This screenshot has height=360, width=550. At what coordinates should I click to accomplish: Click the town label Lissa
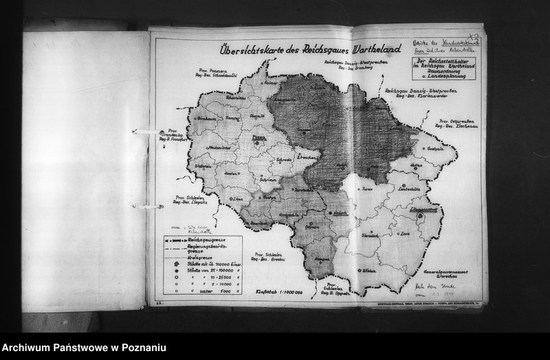point(240,198)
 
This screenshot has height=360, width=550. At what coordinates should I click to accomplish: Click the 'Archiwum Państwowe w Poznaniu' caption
point(84,348)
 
